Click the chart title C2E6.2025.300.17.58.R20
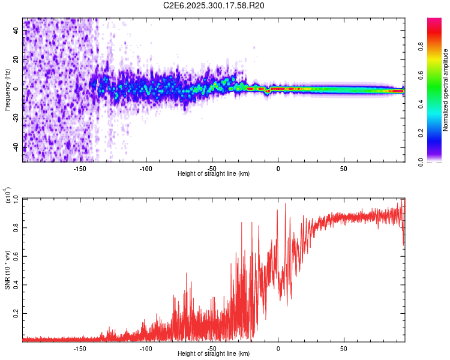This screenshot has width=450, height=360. [x=214, y=5]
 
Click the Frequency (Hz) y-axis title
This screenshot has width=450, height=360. [x=7, y=90]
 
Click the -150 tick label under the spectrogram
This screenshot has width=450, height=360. [x=80, y=168]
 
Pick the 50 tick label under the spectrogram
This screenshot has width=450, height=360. [x=344, y=168]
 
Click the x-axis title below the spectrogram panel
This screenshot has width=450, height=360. [x=214, y=174]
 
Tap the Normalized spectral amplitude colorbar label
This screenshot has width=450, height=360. [x=446, y=90]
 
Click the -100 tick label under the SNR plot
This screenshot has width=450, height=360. [x=146, y=348]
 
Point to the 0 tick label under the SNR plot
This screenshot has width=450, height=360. [x=278, y=348]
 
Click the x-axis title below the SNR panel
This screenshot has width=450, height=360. [x=214, y=354]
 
